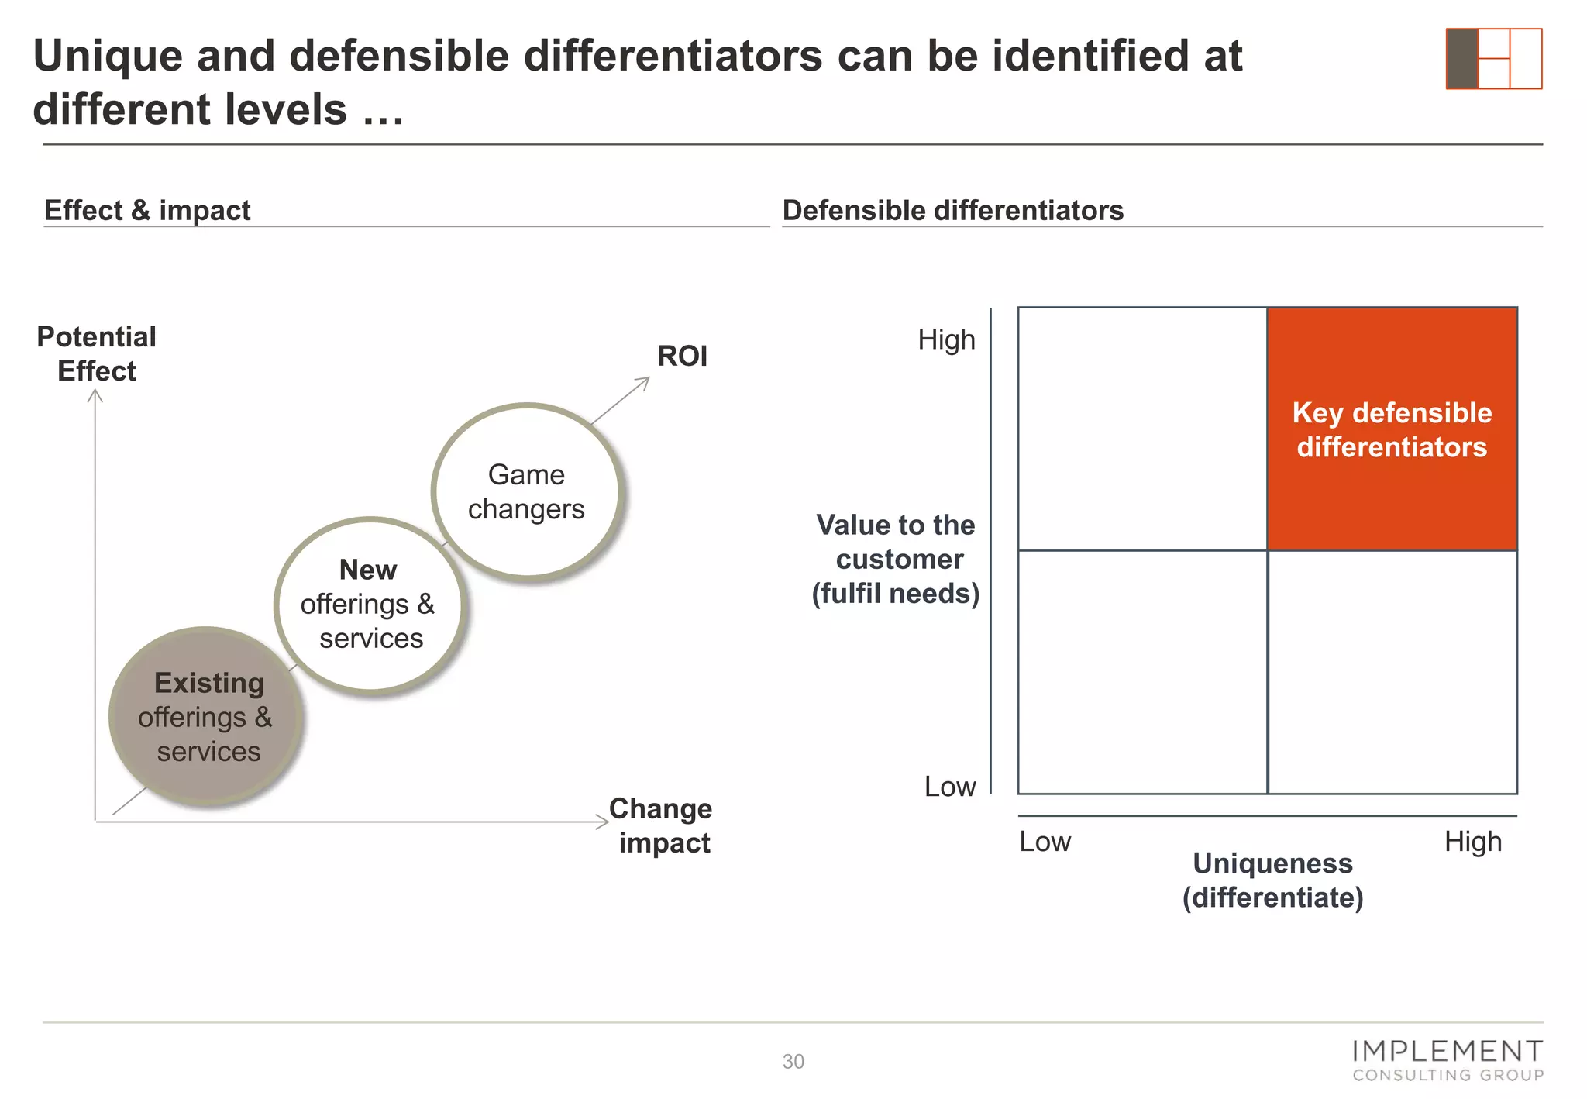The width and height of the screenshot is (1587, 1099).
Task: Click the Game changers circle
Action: [527, 491]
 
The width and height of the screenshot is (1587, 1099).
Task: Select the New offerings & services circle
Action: [369, 604]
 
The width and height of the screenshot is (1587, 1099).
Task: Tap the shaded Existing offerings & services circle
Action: [206, 717]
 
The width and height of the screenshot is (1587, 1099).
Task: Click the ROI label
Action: [682, 356]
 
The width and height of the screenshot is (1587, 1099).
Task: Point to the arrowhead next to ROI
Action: [644, 381]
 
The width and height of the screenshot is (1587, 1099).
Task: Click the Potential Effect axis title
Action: [97, 354]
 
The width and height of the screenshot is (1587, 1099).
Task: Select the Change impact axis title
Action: [662, 825]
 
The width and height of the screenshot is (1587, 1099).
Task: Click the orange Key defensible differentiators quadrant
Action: [1392, 429]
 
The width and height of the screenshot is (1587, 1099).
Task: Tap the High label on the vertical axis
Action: [946, 339]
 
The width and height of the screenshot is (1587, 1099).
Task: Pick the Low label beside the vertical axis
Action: [949, 787]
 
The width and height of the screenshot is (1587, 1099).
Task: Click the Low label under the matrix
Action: [1045, 842]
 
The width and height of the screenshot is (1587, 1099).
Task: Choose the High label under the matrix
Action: [1472, 842]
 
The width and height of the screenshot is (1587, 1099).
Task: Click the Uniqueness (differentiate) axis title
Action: [1272, 880]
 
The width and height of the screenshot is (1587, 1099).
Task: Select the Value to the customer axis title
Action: [896, 559]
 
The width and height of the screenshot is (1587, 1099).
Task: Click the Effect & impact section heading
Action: [147, 210]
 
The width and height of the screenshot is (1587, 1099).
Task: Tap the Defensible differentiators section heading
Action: [952, 210]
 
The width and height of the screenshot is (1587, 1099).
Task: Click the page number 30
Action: [793, 1062]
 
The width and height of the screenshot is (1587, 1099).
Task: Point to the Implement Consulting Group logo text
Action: [1448, 1061]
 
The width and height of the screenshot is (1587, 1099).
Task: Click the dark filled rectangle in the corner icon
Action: [1461, 59]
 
